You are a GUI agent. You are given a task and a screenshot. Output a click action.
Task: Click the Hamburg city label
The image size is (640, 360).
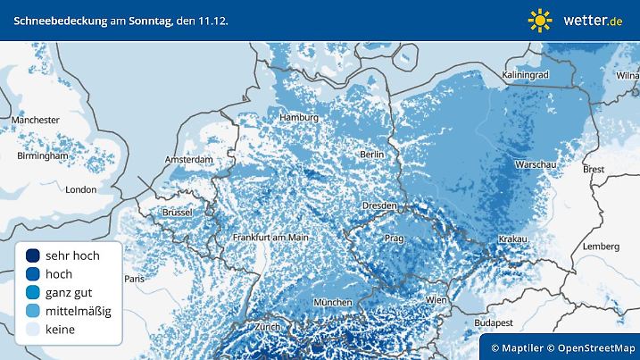pyautogui.click(x=298, y=118)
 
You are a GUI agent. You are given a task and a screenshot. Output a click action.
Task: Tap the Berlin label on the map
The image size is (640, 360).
pyautogui.click(x=370, y=154)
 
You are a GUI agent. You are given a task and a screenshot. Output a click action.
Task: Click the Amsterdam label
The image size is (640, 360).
pyautogui.click(x=188, y=159)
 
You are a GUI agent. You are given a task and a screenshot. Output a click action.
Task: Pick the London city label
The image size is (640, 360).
pyautogui.click(x=80, y=189)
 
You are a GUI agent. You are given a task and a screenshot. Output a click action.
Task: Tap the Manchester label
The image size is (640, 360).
pyautogui.click(x=36, y=120)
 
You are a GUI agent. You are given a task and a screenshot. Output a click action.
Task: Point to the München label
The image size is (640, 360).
pyautogui.click(x=332, y=303)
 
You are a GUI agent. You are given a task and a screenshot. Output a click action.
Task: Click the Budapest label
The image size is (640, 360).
pyautogui.click(x=492, y=321)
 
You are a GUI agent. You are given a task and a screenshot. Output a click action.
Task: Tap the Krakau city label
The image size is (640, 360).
pyautogui.click(x=513, y=239)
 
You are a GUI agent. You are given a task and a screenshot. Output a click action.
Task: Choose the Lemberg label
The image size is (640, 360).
pyautogui.click(x=599, y=246)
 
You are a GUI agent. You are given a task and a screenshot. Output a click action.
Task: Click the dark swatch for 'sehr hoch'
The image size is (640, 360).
pyautogui.click(x=33, y=255)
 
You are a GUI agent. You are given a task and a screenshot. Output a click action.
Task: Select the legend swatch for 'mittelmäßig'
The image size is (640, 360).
pyautogui.click(x=33, y=311)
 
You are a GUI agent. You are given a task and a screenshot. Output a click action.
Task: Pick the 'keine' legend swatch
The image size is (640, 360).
pyautogui.click(x=33, y=330)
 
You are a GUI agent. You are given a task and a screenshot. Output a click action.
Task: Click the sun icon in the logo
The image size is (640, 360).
pyautogui.click(x=540, y=20)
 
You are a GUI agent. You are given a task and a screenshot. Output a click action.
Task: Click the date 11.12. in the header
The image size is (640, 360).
pyautogui.click(x=211, y=19)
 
